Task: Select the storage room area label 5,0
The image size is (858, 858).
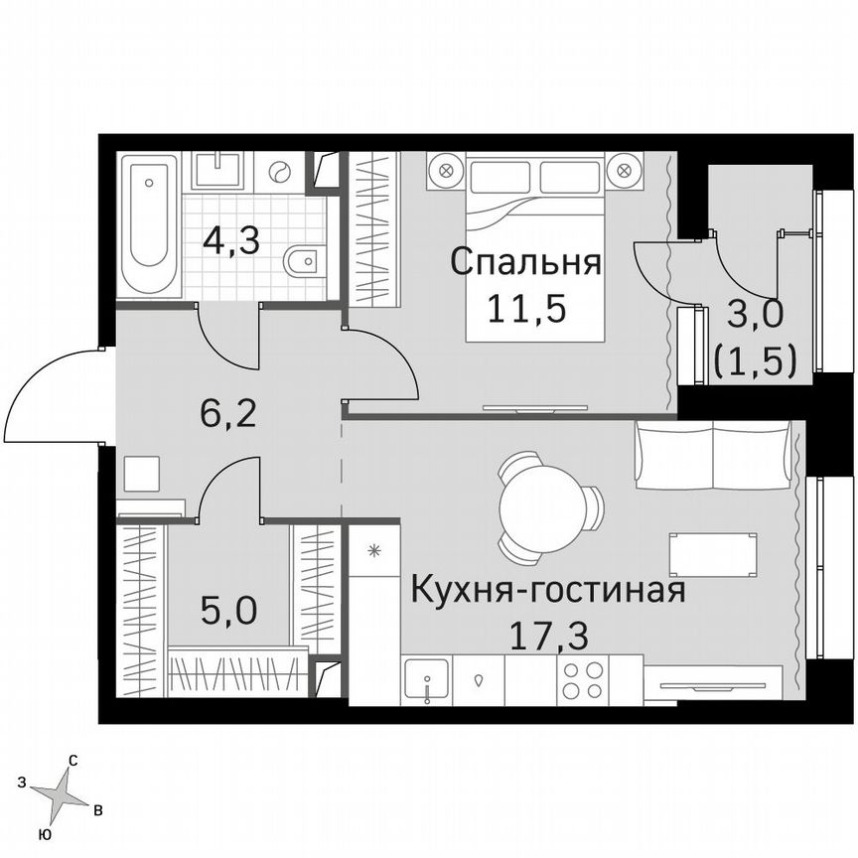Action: pos(228,609)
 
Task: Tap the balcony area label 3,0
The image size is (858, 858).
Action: pos(757,315)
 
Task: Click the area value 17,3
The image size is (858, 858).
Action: pos(549,636)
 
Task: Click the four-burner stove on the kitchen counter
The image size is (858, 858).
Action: pos(582,680)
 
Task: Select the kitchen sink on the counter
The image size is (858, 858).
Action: pos(427,681)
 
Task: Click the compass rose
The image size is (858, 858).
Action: pos(63,794)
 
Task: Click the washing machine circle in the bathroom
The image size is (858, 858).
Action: pos(280,172)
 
